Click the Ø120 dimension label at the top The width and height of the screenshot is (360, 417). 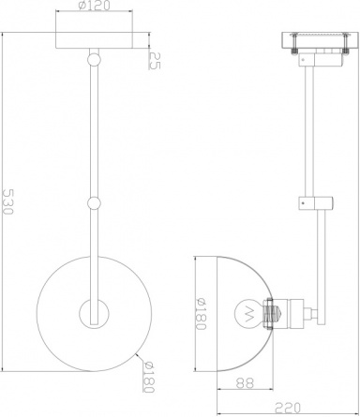tap(95, 6)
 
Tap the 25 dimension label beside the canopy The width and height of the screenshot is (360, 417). tap(155, 60)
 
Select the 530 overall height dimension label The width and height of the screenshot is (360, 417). tap(7, 201)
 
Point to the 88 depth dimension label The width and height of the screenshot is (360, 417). tap(245, 383)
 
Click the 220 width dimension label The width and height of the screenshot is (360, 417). tap(288, 408)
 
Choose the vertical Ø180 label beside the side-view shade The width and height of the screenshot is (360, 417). tap(201, 314)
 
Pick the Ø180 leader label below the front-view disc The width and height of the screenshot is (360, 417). tap(149, 377)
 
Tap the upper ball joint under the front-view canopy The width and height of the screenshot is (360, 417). tap(94, 59)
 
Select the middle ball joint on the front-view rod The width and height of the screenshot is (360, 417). tap(94, 203)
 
